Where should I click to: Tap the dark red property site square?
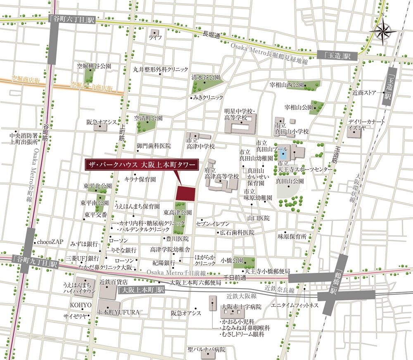186,193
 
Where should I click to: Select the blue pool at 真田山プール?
282,155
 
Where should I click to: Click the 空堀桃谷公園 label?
95,66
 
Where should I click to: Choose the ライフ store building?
155,32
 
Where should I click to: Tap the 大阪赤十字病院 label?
242,307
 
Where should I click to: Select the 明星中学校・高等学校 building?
240,124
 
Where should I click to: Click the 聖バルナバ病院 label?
206,349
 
